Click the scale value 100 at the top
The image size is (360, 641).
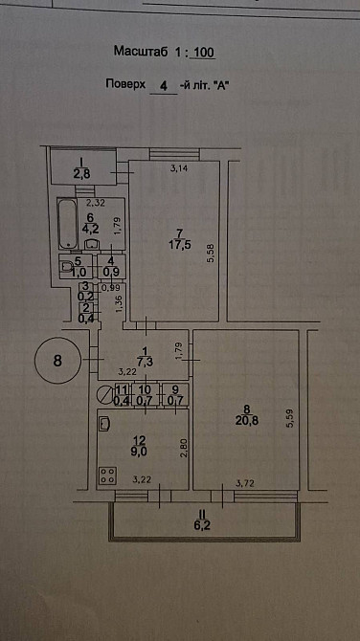(x=204, y=53)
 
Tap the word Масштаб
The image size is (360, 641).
(x=141, y=52)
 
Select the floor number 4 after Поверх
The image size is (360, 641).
(x=164, y=86)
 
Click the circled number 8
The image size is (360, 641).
(x=58, y=361)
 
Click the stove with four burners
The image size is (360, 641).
(x=107, y=475)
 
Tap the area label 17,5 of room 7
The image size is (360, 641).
(x=179, y=245)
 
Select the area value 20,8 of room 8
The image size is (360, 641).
(x=247, y=421)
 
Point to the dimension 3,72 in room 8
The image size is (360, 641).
(x=244, y=484)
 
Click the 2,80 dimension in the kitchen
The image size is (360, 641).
(x=183, y=448)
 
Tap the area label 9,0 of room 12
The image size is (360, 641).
(x=140, y=453)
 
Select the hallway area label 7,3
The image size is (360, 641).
(x=144, y=363)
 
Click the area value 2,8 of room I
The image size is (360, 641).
(x=81, y=173)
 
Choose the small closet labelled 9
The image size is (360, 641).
(x=175, y=394)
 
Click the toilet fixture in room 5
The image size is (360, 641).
(x=66, y=267)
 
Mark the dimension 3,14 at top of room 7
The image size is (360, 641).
(x=178, y=166)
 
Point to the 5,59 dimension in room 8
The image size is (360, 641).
(x=291, y=419)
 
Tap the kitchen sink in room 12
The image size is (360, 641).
(x=104, y=424)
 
